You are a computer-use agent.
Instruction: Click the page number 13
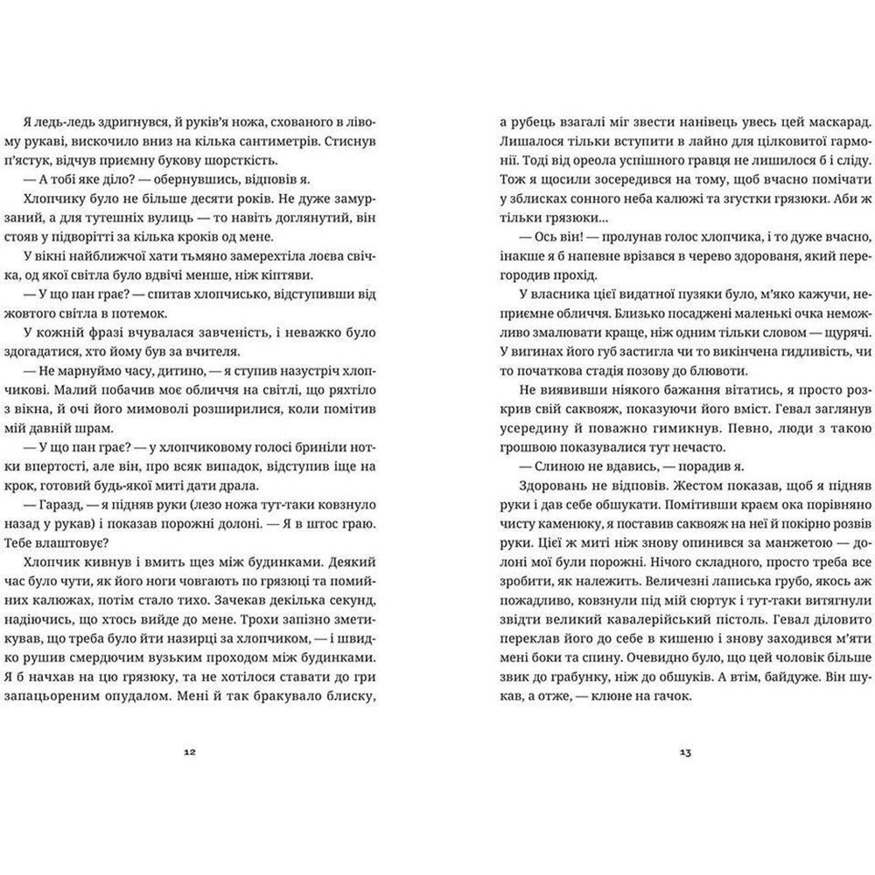[684, 751]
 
